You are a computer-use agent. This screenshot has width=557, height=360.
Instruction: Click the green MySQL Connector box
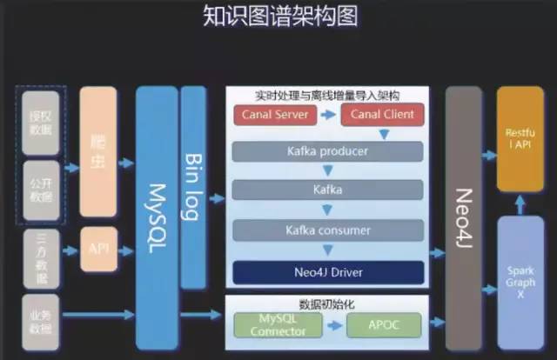278,325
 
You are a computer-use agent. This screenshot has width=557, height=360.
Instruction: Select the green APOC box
384,325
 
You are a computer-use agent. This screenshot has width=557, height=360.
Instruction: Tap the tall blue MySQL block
157,217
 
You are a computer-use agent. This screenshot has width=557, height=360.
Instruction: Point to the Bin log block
193,187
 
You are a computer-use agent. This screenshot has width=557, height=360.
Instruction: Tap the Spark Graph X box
520,278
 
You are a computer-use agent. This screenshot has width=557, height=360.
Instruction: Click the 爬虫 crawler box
97,151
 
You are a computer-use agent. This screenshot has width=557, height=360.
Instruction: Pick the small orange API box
97,250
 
